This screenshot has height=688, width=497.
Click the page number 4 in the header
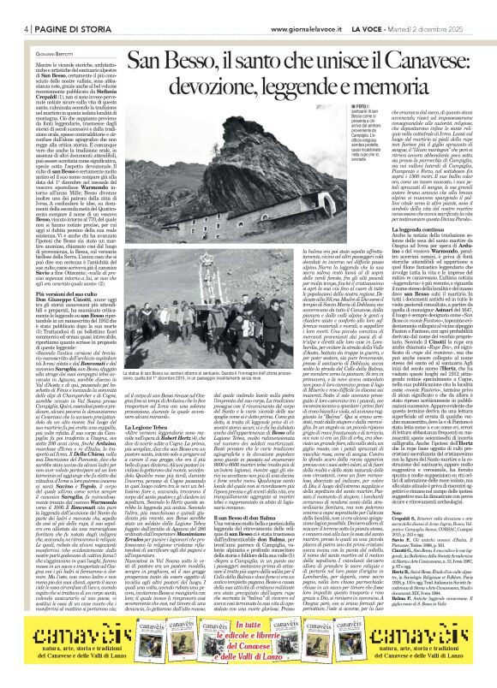coord(15,8)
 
